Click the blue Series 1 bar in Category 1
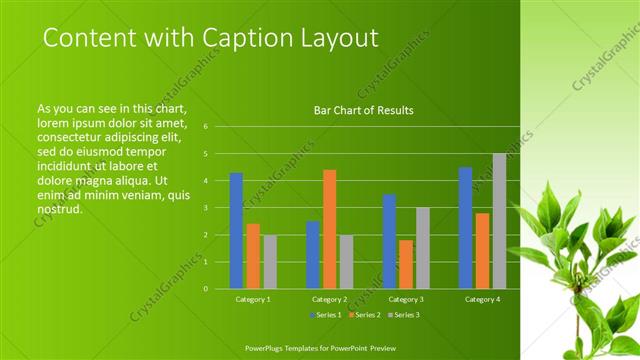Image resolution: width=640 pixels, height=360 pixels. (x=236, y=231)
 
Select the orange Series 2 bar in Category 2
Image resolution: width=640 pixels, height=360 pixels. (x=329, y=229)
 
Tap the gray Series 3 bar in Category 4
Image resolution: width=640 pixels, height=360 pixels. (x=499, y=221)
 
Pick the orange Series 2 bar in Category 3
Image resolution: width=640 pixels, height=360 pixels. (x=406, y=264)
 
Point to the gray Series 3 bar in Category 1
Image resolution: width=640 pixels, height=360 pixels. (x=270, y=262)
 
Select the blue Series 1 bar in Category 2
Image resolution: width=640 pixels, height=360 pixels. (x=312, y=255)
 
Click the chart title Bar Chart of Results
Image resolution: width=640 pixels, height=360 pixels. (x=357, y=111)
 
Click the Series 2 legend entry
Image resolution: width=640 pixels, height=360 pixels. (x=364, y=315)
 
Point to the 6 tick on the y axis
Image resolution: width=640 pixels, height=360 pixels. (x=205, y=127)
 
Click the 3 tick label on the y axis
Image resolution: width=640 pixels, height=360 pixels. (x=205, y=208)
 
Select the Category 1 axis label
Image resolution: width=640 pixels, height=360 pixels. (x=253, y=299)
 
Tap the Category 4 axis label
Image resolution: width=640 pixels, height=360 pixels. (x=482, y=299)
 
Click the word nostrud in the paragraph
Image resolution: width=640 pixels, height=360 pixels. (x=58, y=210)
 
